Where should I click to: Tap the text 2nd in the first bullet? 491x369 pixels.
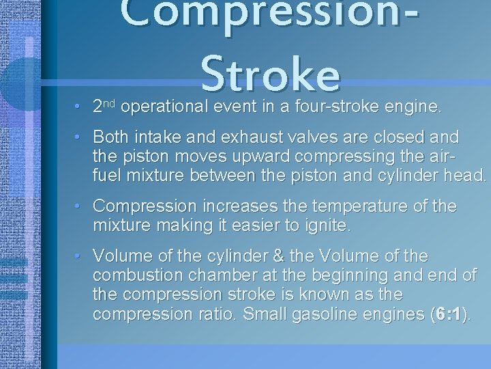tap(106, 106)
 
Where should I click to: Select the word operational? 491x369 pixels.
tap(166, 107)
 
